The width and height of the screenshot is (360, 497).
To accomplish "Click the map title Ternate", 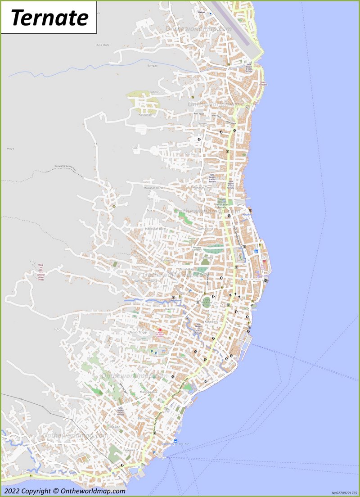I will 49,18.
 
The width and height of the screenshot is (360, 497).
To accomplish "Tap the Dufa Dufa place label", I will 103,45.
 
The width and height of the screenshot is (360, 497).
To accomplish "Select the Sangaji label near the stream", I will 152,65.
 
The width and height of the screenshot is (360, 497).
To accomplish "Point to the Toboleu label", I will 154,92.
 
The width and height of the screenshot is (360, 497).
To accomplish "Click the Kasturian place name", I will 145,115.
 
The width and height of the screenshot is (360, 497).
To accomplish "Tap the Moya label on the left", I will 10,148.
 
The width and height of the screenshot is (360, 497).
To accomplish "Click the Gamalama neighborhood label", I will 205,229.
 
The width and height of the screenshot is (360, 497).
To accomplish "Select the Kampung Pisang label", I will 146,280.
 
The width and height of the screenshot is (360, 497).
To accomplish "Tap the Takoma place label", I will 170,309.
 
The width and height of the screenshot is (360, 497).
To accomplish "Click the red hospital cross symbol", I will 159,330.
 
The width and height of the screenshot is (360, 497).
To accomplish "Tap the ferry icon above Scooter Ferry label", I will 175,441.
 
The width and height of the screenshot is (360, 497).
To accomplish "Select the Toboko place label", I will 181,357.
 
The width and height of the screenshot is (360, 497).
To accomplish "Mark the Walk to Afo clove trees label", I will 41,272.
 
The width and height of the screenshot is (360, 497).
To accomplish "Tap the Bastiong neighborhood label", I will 143,418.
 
